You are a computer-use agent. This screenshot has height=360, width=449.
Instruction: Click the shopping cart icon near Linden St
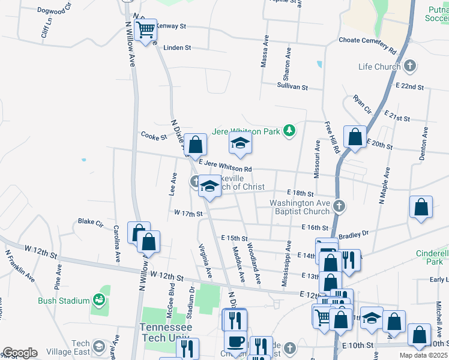click(x=146, y=30)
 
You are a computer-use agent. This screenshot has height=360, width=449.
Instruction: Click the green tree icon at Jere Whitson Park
click(x=289, y=130)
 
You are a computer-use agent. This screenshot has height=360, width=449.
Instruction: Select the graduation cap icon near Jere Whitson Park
click(x=240, y=143)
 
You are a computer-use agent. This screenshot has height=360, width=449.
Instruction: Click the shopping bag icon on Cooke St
click(x=195, y=145)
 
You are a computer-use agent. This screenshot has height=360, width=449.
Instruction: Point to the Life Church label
click(x=379, y=67)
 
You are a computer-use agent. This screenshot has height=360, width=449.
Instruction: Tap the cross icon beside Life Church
click(x=411, y=65)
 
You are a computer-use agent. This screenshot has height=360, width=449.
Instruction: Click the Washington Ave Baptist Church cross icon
click(x=339, y=207)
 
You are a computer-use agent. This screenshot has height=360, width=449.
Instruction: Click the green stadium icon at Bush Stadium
click(x=99, y=300)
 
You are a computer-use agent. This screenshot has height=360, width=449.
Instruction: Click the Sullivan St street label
click(x=292, y=87)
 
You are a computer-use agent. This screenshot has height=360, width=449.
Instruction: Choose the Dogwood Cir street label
click(x=54, y=10)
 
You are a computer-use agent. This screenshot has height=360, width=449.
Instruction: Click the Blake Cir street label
click(x=91, y=221)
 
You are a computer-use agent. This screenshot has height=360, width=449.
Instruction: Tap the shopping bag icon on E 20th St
click(x=355, y=137)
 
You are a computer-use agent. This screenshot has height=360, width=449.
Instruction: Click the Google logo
click(x=20, y=353)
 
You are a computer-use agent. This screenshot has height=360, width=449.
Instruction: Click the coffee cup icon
click(x=235, y=341)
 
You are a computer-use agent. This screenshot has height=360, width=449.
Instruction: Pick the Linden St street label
click(x=177, y=47)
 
